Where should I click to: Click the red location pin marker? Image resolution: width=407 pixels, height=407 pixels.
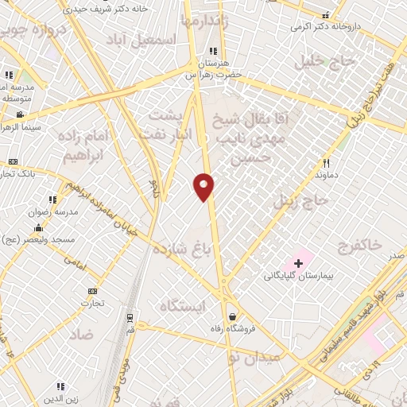[x=204, y=186]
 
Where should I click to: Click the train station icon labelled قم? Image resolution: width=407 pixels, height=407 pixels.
[x=130, y=317]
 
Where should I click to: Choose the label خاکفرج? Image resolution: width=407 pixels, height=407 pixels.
[x=359, y=243]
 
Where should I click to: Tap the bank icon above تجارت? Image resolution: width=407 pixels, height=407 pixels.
[x=93, y=291]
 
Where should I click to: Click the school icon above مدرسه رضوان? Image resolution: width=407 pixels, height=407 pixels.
[x=52, y=200]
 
